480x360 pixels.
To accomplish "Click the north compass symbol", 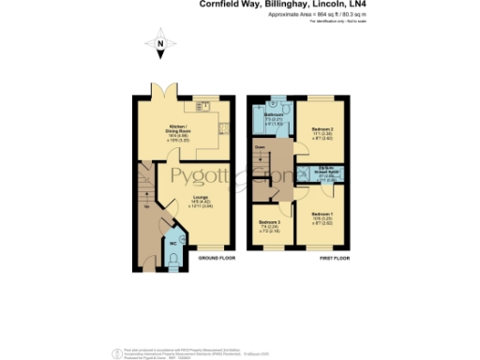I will (x=160, y=44).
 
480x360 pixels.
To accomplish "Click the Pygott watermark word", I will (x=199, y=178).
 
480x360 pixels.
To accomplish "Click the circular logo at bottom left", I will (x=116, y=352).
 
